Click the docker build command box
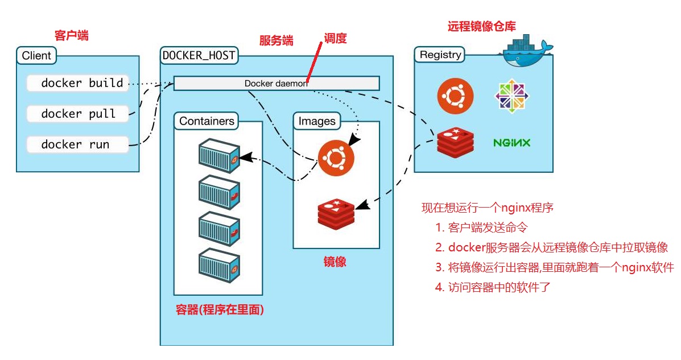(78, 83)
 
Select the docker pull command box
(78, 114)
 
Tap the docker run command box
(78, 144)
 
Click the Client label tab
(37, 56)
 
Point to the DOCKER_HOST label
(200, 56)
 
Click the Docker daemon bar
(276, 83)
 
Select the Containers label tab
(207, 121)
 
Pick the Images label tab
(317, 121)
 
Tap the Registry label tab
(440, 55)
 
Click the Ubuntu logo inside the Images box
(336, 158)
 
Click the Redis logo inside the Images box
(336, 213)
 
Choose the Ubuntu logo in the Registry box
(455, 95)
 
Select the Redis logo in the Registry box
(455, 142)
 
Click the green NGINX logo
(511, 142)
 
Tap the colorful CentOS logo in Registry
(512, 95)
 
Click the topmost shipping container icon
(218, 155)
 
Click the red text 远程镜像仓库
(482, 26)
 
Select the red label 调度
(335, 39)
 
